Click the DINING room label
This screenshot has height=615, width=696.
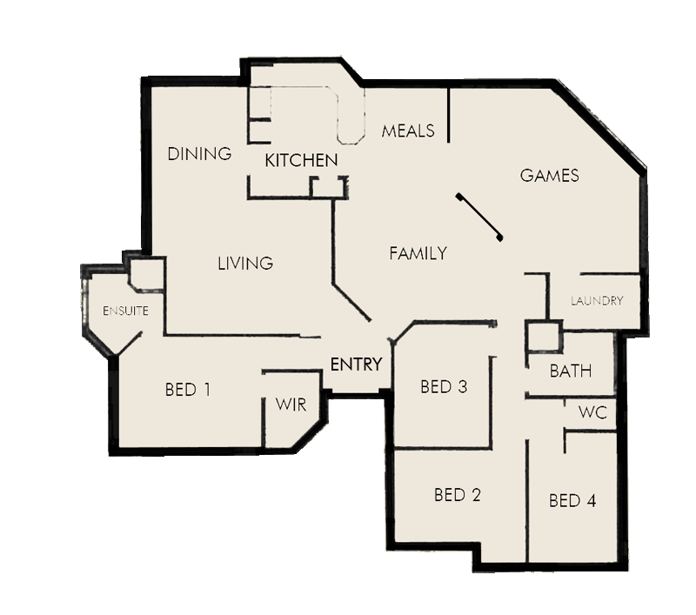point(200,154)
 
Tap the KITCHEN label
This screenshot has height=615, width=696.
point(301,161)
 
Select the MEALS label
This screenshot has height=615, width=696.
point(408,131)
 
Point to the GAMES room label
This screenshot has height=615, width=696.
point(549,176)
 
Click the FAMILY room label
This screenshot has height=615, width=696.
point(418,253)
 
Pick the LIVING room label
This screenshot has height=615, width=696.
point(245,263)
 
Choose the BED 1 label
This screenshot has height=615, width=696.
point(188,390)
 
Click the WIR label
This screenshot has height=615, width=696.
point(291,404)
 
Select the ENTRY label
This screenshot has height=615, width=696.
point(356,364)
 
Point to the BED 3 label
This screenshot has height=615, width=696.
point(444,387)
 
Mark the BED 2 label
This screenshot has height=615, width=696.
point(458,496)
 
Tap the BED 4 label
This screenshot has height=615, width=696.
point(572,501)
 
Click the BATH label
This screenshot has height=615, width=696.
point(571,371)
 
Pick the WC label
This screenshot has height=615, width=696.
point(599,411)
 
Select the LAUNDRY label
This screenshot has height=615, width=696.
point(597,301)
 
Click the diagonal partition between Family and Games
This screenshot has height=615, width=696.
point(479,217)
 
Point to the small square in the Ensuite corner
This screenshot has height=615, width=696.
point(147,275)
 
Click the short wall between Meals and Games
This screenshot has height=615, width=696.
point(449,114)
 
